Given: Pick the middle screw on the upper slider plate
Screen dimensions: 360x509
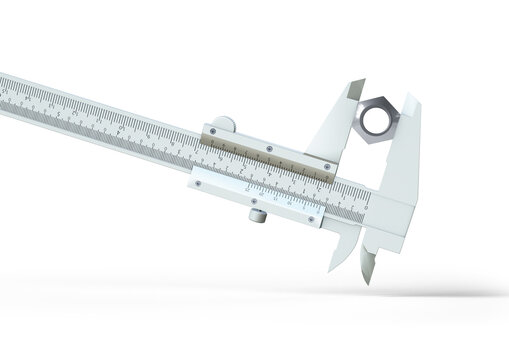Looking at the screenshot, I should (270, 149).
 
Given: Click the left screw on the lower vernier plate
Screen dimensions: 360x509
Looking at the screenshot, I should (199, 183).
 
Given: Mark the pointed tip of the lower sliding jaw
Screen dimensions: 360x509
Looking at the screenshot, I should (332, 269).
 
